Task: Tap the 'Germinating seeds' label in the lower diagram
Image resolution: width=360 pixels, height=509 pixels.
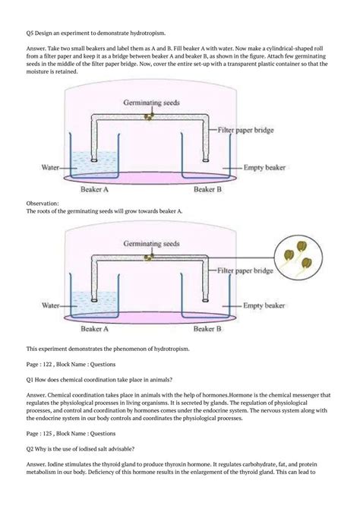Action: (151, 245)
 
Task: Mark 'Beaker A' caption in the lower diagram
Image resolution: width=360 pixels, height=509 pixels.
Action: (95, 330)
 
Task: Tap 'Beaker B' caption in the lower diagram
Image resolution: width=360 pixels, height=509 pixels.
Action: (209, 330)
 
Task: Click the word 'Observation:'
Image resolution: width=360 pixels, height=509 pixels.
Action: (43, 204)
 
